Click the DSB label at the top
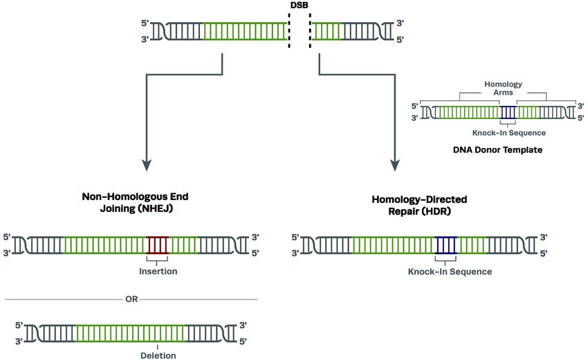(x=300, y=6)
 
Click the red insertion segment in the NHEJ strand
(x=158, y=246)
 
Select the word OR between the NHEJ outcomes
(x=131, y=300)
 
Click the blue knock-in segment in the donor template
(x=508, y=111)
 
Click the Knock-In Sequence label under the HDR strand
(x=450, y=271)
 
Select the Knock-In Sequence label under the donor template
(x=509, y=132)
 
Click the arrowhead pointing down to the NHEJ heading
(x=146, y=166)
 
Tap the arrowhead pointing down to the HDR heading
(x=396, y=166)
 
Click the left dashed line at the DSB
(x=289, y=30)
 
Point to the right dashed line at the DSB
(x=309, y=30)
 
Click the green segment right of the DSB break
(x=326, y=30)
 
